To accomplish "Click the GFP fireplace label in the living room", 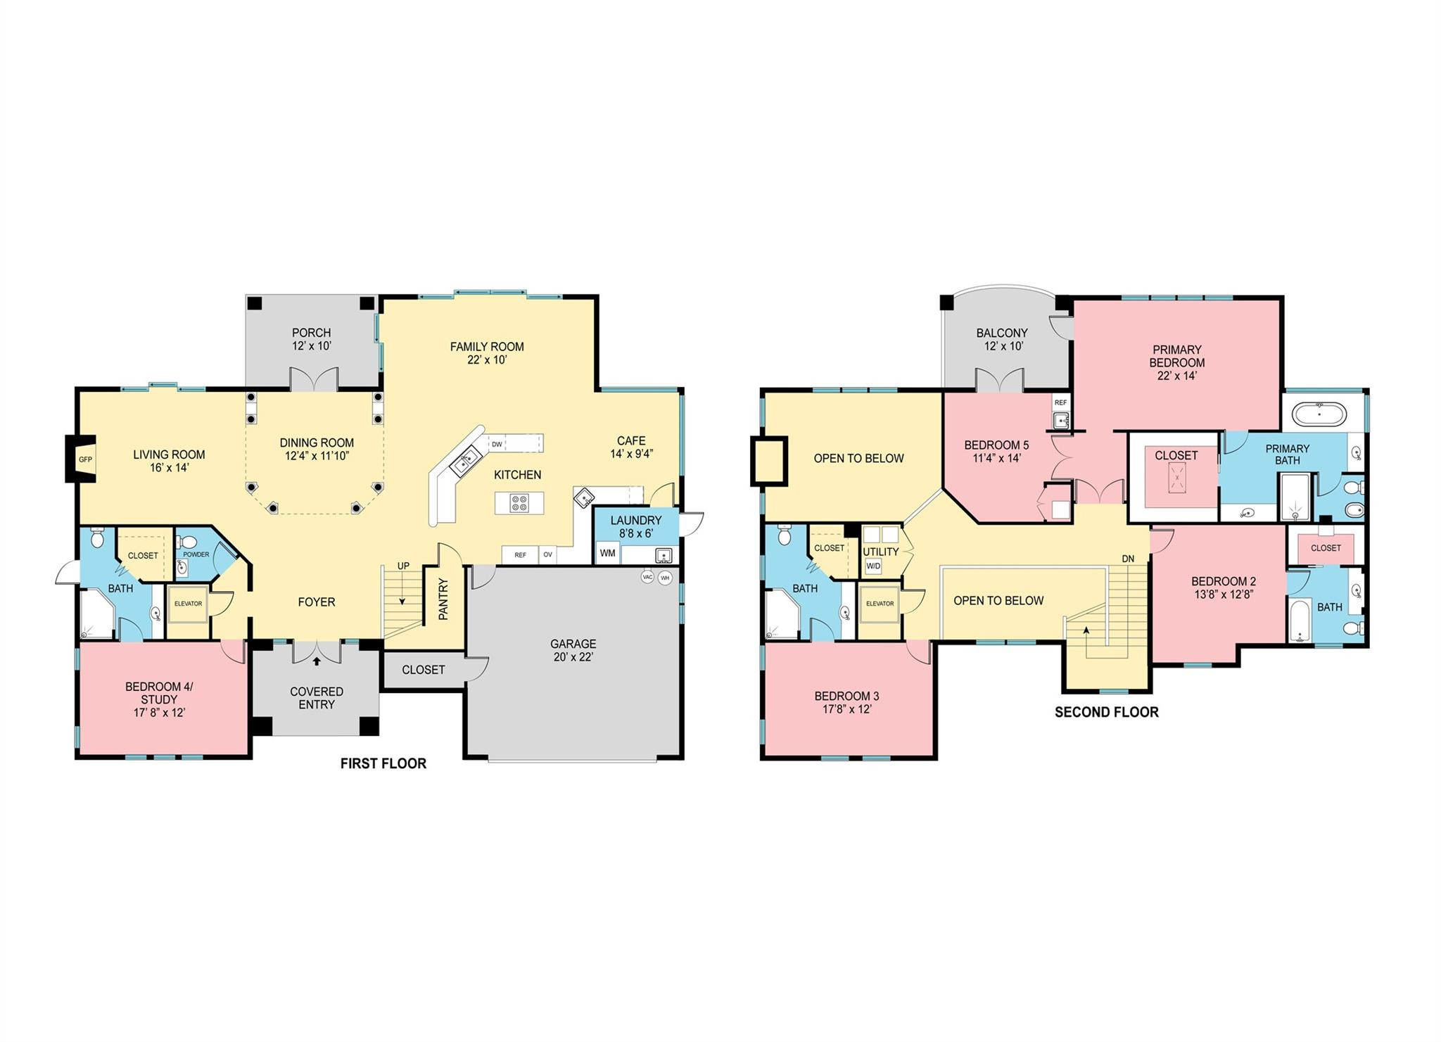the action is coord(85,459).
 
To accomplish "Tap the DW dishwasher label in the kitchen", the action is coord(497,444).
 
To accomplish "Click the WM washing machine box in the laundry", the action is coord(608,553).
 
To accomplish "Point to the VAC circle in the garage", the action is coord(648,577).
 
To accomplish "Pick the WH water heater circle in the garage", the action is coord(665,578).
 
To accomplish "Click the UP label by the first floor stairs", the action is coord(403,566).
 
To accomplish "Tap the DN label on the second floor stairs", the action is coord(1128,559).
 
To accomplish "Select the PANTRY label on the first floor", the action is coord(443,599).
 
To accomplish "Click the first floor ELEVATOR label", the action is coord(188,604).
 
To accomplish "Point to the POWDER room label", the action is coord(196,554).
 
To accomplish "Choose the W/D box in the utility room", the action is coord(873,566).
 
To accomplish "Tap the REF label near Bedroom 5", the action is coord(1060,402).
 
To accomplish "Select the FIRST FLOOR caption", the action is coord(383,763).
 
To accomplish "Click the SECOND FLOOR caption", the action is coord(1107,712).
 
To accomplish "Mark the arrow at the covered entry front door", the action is coord(317,661).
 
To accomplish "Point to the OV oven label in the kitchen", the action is coord(547,555).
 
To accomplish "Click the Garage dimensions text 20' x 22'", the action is coord(573,657).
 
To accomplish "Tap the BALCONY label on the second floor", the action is coord(1002,333).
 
